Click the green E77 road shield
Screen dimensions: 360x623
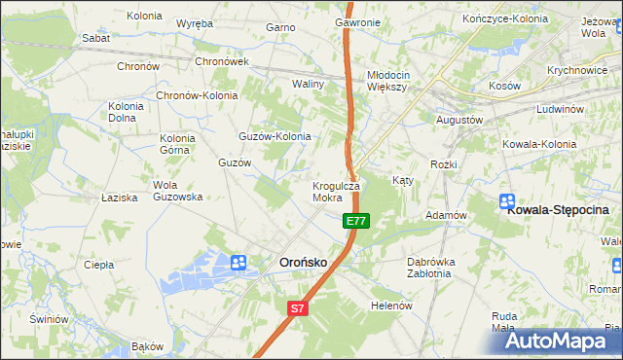click(355, 221)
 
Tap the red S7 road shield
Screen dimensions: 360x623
click(299, 308)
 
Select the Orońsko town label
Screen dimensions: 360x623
click(305, 262)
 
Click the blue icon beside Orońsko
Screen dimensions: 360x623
click(239, 262)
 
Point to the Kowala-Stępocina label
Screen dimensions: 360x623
click(558, 209)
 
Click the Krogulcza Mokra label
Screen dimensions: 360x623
click(336, 191)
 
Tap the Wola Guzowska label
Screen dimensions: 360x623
click(177, 191)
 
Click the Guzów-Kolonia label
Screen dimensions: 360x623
click(275, 137)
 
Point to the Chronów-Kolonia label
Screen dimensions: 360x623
click(198, 96)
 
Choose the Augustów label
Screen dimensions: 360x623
click(459, 120)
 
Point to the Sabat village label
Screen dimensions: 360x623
click(95, 38)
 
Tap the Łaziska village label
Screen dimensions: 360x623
click(120, 198)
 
